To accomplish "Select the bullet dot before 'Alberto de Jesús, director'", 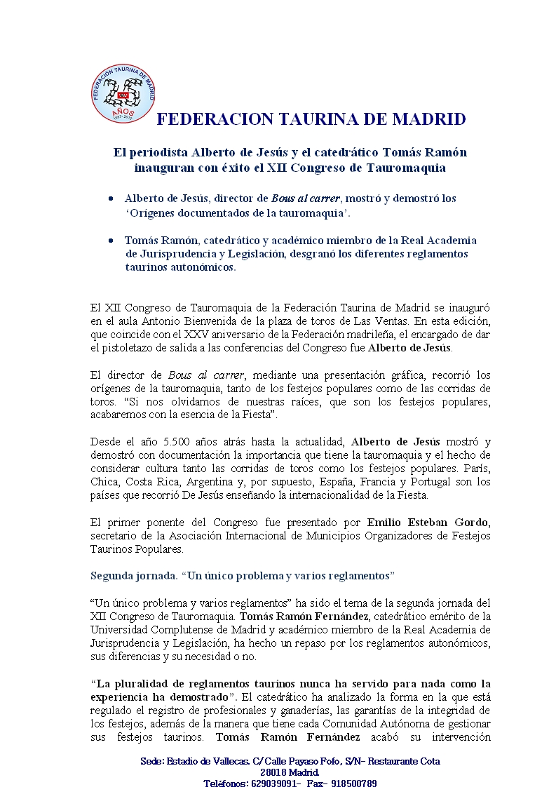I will [111, 199].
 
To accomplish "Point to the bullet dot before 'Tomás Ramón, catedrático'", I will [111, 240].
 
